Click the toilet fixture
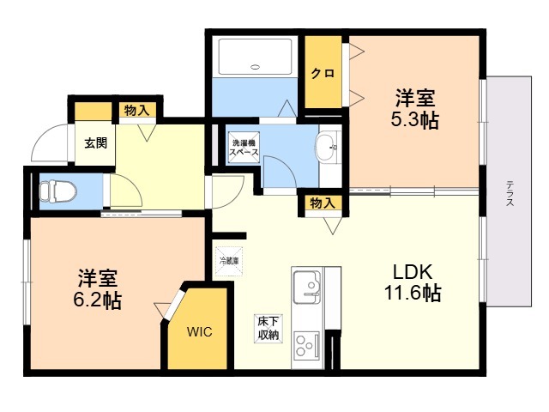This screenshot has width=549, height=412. click(x=58, y=191)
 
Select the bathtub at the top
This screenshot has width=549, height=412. click(x=256, y=57)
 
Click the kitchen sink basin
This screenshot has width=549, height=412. click(x=307, y=287)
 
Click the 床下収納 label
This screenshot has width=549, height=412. click(x=268, y=328)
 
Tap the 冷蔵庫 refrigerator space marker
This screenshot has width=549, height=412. click(x=229, y=261)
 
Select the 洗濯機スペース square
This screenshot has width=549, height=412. click(x=244, y=147)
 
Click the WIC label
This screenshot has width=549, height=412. click(x=199, y=331)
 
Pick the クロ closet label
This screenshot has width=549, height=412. click(x=323, y=74)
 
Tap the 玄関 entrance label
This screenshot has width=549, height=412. click(x=95, y=143)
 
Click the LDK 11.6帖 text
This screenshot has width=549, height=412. click(x=413, y=283)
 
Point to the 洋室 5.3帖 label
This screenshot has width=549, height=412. click(x=415, y=109)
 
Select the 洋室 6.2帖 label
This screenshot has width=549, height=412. click(x=97, y=289)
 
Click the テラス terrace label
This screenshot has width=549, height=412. click(x=510, y=192)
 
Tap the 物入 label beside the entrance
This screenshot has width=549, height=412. click(x=137, y=111)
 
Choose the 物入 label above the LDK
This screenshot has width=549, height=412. click(x=322, y=203)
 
